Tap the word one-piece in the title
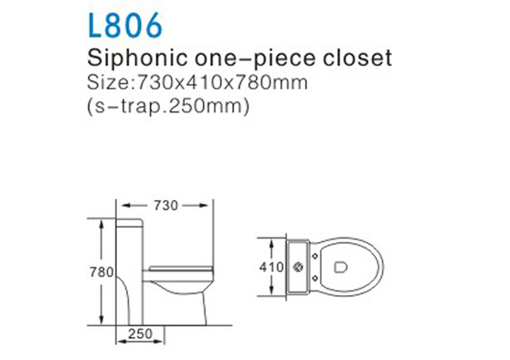[243, 59]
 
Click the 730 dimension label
[165, 206]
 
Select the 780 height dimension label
[101, 271]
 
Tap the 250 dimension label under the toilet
[139, 335]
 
